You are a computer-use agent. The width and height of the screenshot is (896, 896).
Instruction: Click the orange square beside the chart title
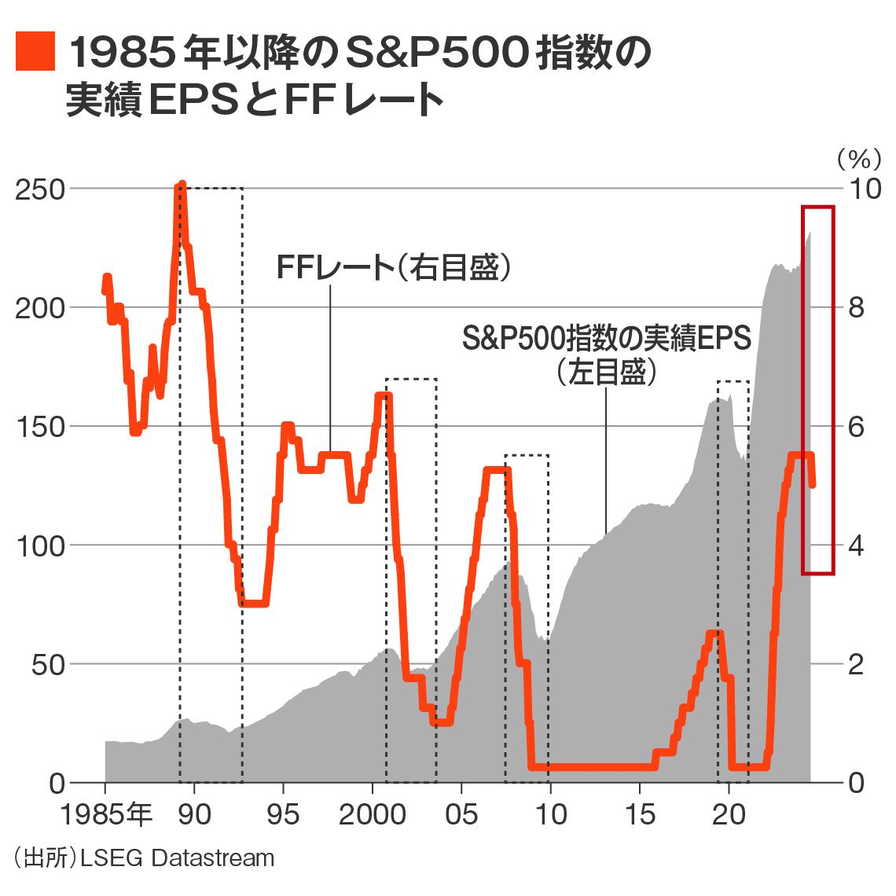point(35,52)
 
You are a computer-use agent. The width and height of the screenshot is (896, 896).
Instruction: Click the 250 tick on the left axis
point(39,189)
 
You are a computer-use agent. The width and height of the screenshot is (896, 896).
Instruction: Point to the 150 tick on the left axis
point(39,427)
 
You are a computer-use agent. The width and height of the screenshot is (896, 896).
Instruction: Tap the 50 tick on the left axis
point(47,665)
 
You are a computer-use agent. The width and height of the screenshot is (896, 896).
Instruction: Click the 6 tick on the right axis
point(855,427)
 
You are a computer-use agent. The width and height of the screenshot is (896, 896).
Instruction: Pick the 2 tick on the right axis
point(855,665)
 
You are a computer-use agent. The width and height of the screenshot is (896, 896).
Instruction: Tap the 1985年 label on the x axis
point(105,815)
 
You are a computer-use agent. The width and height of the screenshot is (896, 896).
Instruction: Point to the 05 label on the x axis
point(461,815)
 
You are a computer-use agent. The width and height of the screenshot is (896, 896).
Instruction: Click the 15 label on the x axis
point(640,815)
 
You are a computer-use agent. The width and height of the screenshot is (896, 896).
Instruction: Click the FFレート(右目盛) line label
point(394,268)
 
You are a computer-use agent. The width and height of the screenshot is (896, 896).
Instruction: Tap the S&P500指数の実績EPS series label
point(606,338)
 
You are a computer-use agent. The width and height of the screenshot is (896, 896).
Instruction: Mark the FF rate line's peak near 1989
point(182,185)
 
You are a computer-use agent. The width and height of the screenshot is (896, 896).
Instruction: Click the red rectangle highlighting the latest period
point(817,207)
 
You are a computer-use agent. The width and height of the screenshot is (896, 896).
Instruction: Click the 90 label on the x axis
point(194,815)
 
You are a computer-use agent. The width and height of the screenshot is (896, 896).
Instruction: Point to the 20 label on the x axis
point(729,815)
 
